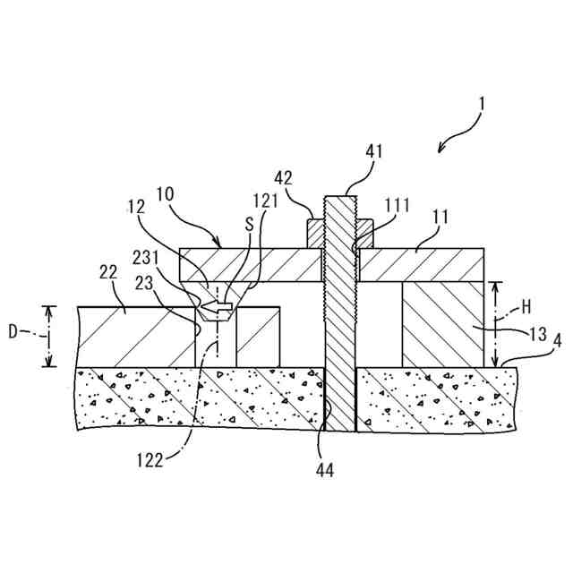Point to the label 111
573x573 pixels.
tap(398, 206)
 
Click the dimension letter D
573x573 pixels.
tap(13, 332)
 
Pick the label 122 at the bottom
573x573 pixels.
tap(150, 461)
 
